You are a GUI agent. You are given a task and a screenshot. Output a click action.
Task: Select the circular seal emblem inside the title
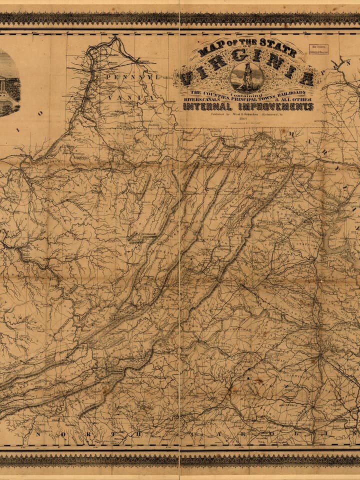click(247, 78)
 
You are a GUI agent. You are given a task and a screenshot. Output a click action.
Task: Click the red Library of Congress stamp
click(320, 48)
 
